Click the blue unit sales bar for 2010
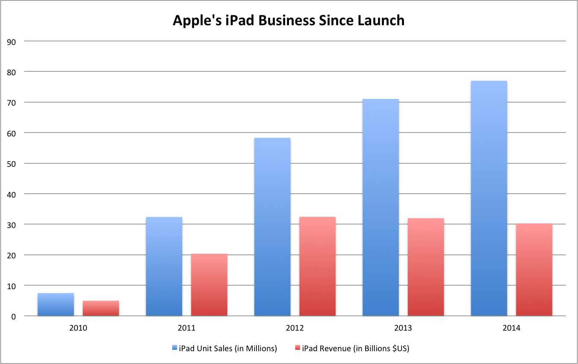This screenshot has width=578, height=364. [56, 305]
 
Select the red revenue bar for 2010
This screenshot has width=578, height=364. [101, 308]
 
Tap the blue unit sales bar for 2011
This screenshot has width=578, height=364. [164, 266]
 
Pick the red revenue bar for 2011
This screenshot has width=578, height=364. [209, 285]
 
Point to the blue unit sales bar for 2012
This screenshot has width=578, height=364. [272, 227]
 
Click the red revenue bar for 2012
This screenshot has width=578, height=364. [317, 266]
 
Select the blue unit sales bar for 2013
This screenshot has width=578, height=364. [380, 207]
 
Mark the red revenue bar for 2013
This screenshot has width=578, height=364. [426, 267]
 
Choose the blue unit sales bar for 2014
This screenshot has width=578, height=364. [489, 198]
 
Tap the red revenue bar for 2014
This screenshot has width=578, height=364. [534, 270]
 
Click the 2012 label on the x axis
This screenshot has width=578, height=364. [295, 328]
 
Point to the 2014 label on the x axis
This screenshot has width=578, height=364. [511, 328]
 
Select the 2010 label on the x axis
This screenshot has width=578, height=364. [78, 328]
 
